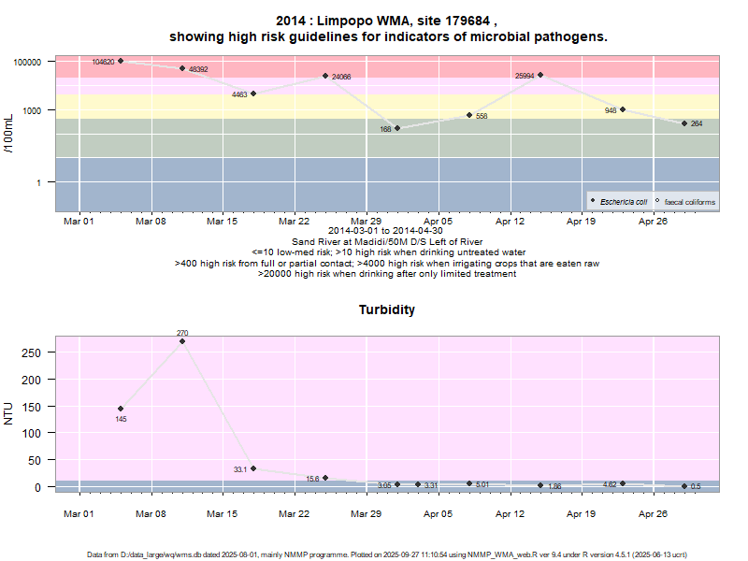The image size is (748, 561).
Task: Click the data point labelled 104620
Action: (x=121, y=61)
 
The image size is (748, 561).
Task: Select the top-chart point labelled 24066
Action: (x=325, y=76)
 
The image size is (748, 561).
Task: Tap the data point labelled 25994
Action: (x=540, y=75)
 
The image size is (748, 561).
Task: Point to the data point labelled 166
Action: (x=397, y=128)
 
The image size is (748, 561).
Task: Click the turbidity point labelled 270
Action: (x=182, y=341)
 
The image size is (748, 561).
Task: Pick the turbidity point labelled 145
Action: (x=121, y=409)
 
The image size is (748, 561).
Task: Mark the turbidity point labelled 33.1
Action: (x=253, y=468)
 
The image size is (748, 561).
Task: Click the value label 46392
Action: (x=198, y=69)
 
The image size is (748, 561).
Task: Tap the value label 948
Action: (x=611, y=110)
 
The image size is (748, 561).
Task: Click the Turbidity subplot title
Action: (x=386, y=309)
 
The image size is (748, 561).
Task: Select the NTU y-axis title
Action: (x=8, y=413)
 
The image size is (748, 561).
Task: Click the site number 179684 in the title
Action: (x=467, y=21)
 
